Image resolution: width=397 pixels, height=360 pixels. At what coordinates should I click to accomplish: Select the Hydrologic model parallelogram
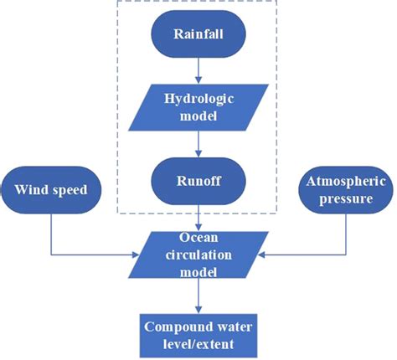pos(198,106)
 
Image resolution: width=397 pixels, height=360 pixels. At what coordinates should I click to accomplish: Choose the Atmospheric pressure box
pos(343,188)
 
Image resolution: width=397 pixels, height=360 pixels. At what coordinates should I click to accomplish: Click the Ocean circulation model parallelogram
pos(198,252)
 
